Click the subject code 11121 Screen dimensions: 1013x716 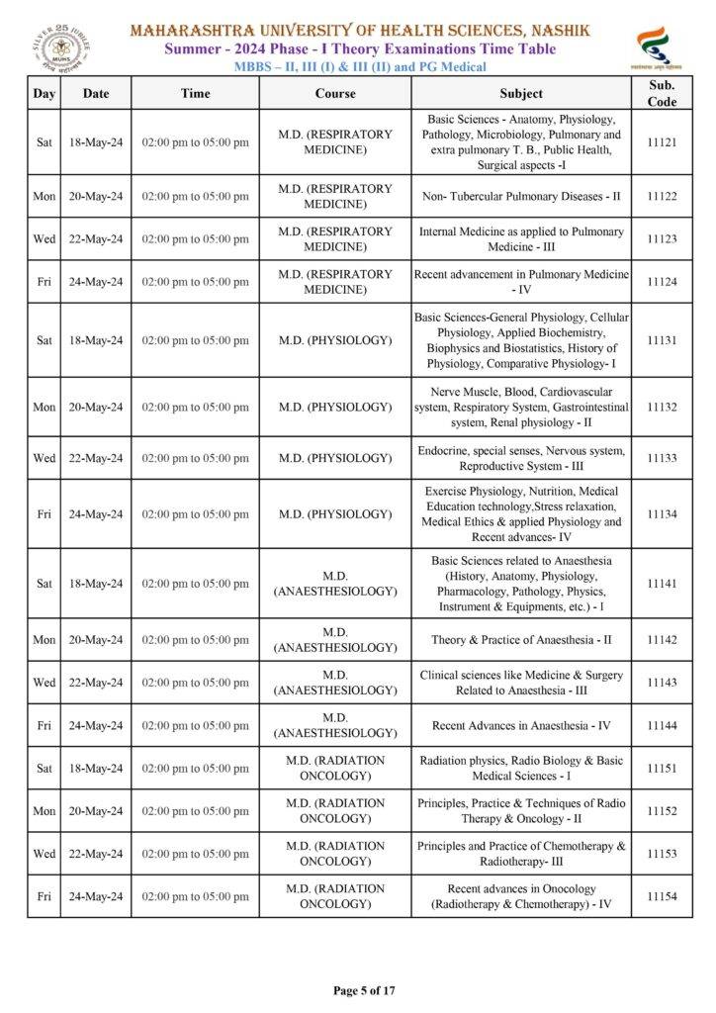[x=662, y=142]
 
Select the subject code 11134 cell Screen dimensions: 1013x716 [x=662, y=514]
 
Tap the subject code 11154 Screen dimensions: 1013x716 [x=662, y=896]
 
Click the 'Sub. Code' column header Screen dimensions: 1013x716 [x=662, y=93]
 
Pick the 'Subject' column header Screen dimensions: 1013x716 [x=521, y=93]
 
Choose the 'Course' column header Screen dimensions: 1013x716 [x=335, y=93]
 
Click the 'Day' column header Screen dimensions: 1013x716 [x=44, y=93]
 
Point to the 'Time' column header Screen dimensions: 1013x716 [x=195, y=93]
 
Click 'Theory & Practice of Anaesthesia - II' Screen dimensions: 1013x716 [x=521, y=640]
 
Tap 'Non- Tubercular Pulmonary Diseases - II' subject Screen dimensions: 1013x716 [x=521, y=196]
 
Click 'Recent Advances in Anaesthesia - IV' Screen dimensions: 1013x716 [x=521, y=725]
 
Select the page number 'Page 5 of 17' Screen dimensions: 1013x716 [x=364, y=990]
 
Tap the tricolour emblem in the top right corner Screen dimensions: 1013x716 [x=654, y=46]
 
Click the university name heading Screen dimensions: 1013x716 [x=360, y=31]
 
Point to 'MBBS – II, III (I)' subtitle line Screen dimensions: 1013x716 [x=360, y=66]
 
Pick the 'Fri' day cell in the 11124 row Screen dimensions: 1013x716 [x=44, y=282]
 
